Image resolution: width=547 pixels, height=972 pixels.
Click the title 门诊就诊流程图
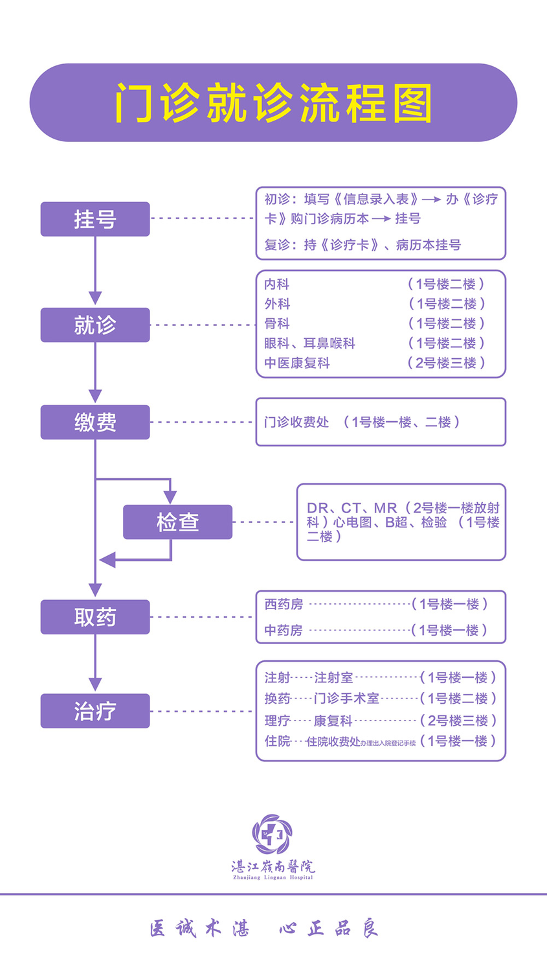273,103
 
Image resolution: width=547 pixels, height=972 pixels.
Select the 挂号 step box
95,219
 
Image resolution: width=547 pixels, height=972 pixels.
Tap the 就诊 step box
95,325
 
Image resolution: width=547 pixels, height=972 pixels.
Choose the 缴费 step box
95,422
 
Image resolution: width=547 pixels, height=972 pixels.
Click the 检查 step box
177,522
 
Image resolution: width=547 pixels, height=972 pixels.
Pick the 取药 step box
95,617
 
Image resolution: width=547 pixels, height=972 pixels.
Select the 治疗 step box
95,711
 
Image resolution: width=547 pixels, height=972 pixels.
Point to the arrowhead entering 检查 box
170,497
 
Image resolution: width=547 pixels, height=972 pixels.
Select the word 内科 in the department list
276,284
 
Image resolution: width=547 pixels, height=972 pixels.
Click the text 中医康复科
296,363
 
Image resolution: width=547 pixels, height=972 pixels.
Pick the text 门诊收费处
296,422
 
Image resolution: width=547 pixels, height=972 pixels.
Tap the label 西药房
284,604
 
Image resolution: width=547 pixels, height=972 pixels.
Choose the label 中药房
284,630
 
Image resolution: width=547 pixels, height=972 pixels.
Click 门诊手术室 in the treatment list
346,698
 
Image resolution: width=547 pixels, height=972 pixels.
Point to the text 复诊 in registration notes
277,245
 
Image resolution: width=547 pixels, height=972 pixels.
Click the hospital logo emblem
273,835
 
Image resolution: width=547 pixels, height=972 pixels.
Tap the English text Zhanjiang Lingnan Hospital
273,878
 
